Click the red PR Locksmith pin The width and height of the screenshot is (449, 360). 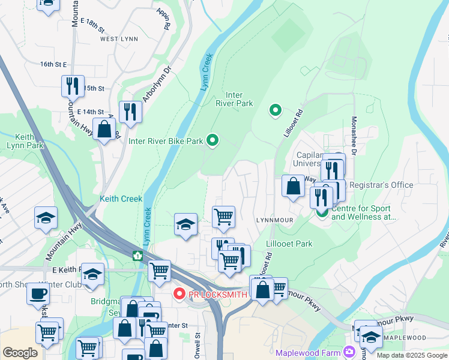178,293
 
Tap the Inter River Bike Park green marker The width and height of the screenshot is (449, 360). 212,141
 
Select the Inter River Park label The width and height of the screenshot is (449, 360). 238,99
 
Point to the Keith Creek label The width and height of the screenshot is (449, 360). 121,199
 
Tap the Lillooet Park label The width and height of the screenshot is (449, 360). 289,244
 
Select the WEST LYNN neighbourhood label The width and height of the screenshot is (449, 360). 119,39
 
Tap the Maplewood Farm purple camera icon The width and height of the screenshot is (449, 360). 348,351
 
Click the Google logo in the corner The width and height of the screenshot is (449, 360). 20,352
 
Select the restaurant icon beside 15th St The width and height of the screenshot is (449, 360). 73,86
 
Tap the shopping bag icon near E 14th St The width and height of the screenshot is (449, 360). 104,129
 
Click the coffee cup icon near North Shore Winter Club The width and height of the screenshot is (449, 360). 38,294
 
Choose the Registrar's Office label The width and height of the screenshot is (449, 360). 381,185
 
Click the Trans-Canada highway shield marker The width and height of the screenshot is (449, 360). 137,256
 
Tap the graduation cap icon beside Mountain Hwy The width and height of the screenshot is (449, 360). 46,218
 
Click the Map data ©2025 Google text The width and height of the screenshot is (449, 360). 411,355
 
